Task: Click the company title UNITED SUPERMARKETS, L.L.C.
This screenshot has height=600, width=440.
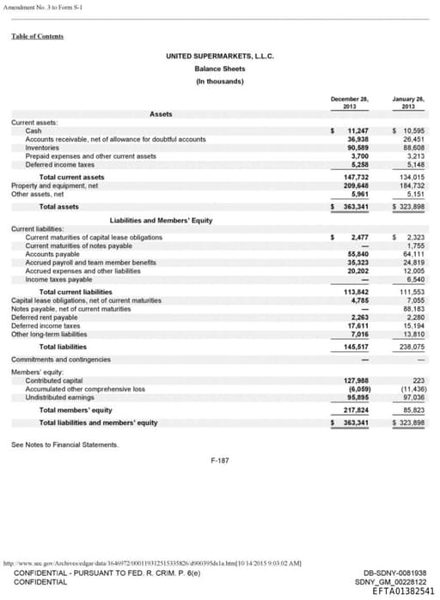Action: click(219, 57)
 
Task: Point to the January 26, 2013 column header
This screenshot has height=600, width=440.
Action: click(408, 103)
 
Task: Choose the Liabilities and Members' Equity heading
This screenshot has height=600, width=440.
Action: click(162, 221)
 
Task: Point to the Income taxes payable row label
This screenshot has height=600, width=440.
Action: click(59, 280)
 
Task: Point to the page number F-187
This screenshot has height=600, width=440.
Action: click(220, 461)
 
